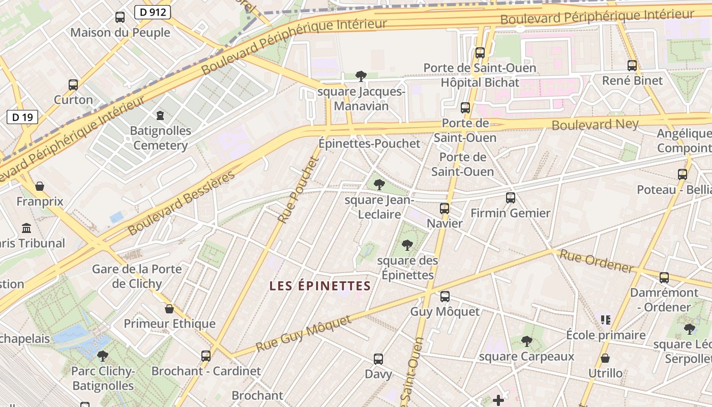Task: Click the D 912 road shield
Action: point(153,12)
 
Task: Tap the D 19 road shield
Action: point(22,118)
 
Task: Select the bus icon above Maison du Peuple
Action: point(120,17)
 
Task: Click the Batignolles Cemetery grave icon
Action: point(161,115)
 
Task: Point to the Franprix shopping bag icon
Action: point(40,186)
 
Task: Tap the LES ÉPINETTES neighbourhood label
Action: point(320,286)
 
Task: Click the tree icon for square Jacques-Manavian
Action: point(361,76)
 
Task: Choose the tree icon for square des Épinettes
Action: point(407,245)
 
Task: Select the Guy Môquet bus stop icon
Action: point(445,297)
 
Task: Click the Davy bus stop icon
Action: point(378,359)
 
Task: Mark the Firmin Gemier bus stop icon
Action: point(511,198)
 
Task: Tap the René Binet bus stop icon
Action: point(632,66)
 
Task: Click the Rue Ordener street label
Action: point(596,261)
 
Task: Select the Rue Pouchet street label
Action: point(298,190)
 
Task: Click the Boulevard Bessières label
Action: point(181,203)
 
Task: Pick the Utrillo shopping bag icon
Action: point(605,358)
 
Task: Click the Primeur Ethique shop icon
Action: point(169,309)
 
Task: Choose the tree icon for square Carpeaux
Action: point(527,341)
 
